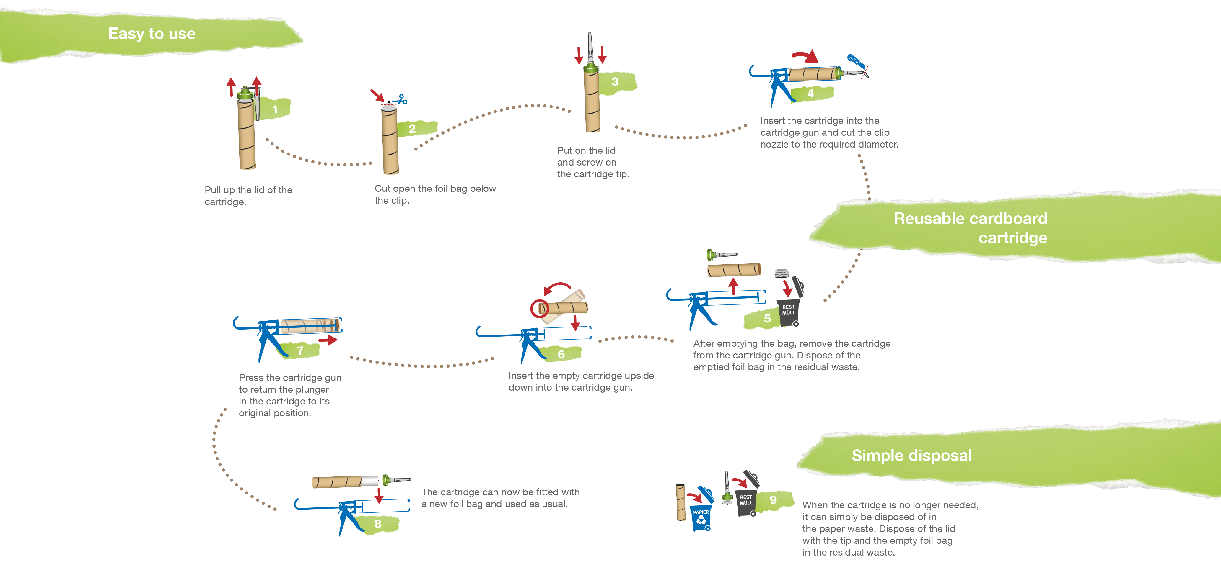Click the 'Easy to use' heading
(x=152, y=34)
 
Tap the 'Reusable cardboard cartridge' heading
(x=970, y=228)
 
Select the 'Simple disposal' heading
(x=911, y=455)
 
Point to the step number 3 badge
(x=615, y=81)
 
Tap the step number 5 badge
(x=767, y=319)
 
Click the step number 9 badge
(x=773, y=500)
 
